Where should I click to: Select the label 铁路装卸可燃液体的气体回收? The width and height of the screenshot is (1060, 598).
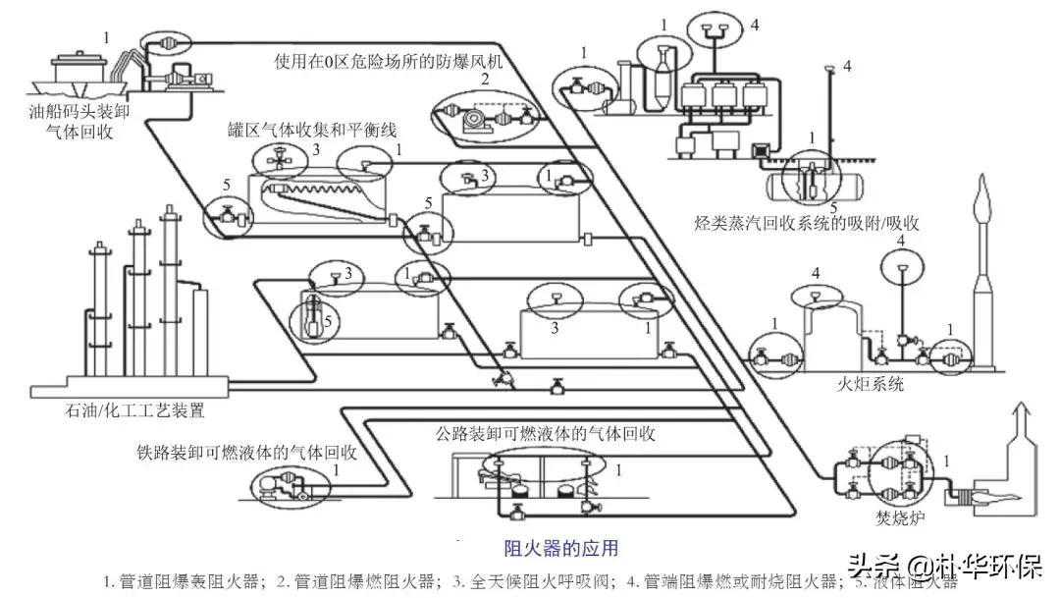click(246, 454)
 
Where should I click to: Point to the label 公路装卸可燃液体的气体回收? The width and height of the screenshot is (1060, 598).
click(546, 433)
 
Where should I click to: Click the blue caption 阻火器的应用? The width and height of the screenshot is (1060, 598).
click(560, 547)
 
